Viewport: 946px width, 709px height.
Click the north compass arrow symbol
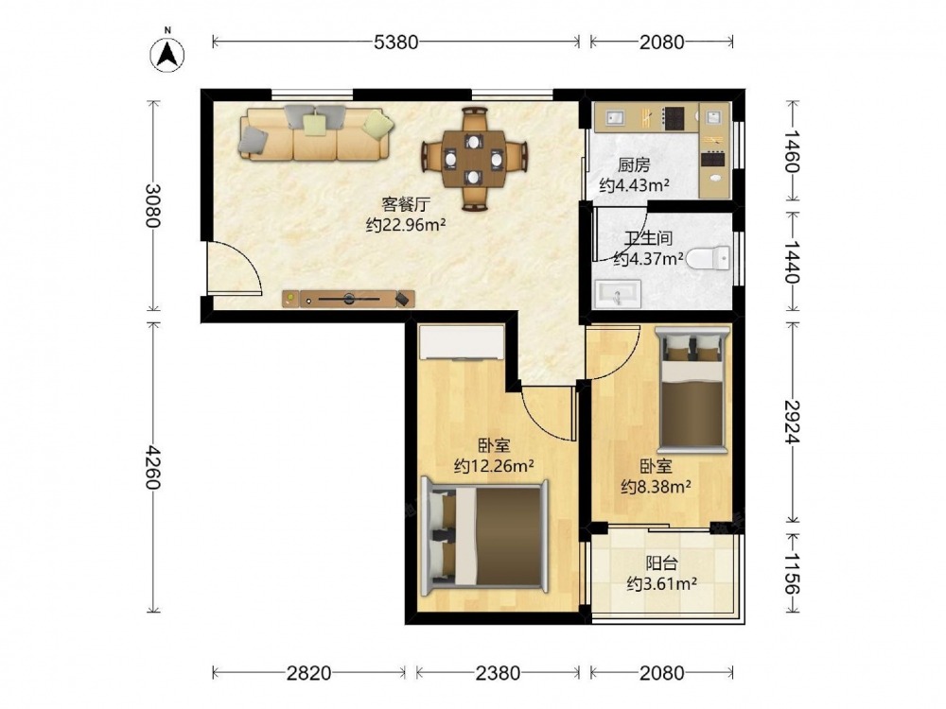(x=167, y=54)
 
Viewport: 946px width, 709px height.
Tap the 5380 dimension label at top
(x=395, y=43)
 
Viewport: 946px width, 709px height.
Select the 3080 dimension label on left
(x=154, y=205)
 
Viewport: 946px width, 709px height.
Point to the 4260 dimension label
(x=154, y=467)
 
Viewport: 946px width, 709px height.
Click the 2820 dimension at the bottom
(x=308, y=673)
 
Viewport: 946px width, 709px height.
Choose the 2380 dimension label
(x=498, y=673)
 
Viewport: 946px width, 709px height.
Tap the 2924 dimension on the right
(x=793, y=422)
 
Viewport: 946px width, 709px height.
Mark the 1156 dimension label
(x=793, y=574)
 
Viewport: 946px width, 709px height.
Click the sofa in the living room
(x=316, y=133)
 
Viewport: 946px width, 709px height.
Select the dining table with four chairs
(x=474, y=159)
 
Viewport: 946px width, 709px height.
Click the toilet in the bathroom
(x=709, y=259)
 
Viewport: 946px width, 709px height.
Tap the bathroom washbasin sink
(x=617, y=294)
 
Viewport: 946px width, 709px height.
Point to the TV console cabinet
(x=349, y=299)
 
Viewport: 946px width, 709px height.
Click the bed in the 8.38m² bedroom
(x=692, y=389)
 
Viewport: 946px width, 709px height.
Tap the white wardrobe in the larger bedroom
(x=463, y=342)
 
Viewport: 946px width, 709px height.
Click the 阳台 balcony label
(x=662, y=563)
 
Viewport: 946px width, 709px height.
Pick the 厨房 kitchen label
(x=634, y=164)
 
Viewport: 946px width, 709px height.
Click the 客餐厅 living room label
(x=406, y=204)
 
